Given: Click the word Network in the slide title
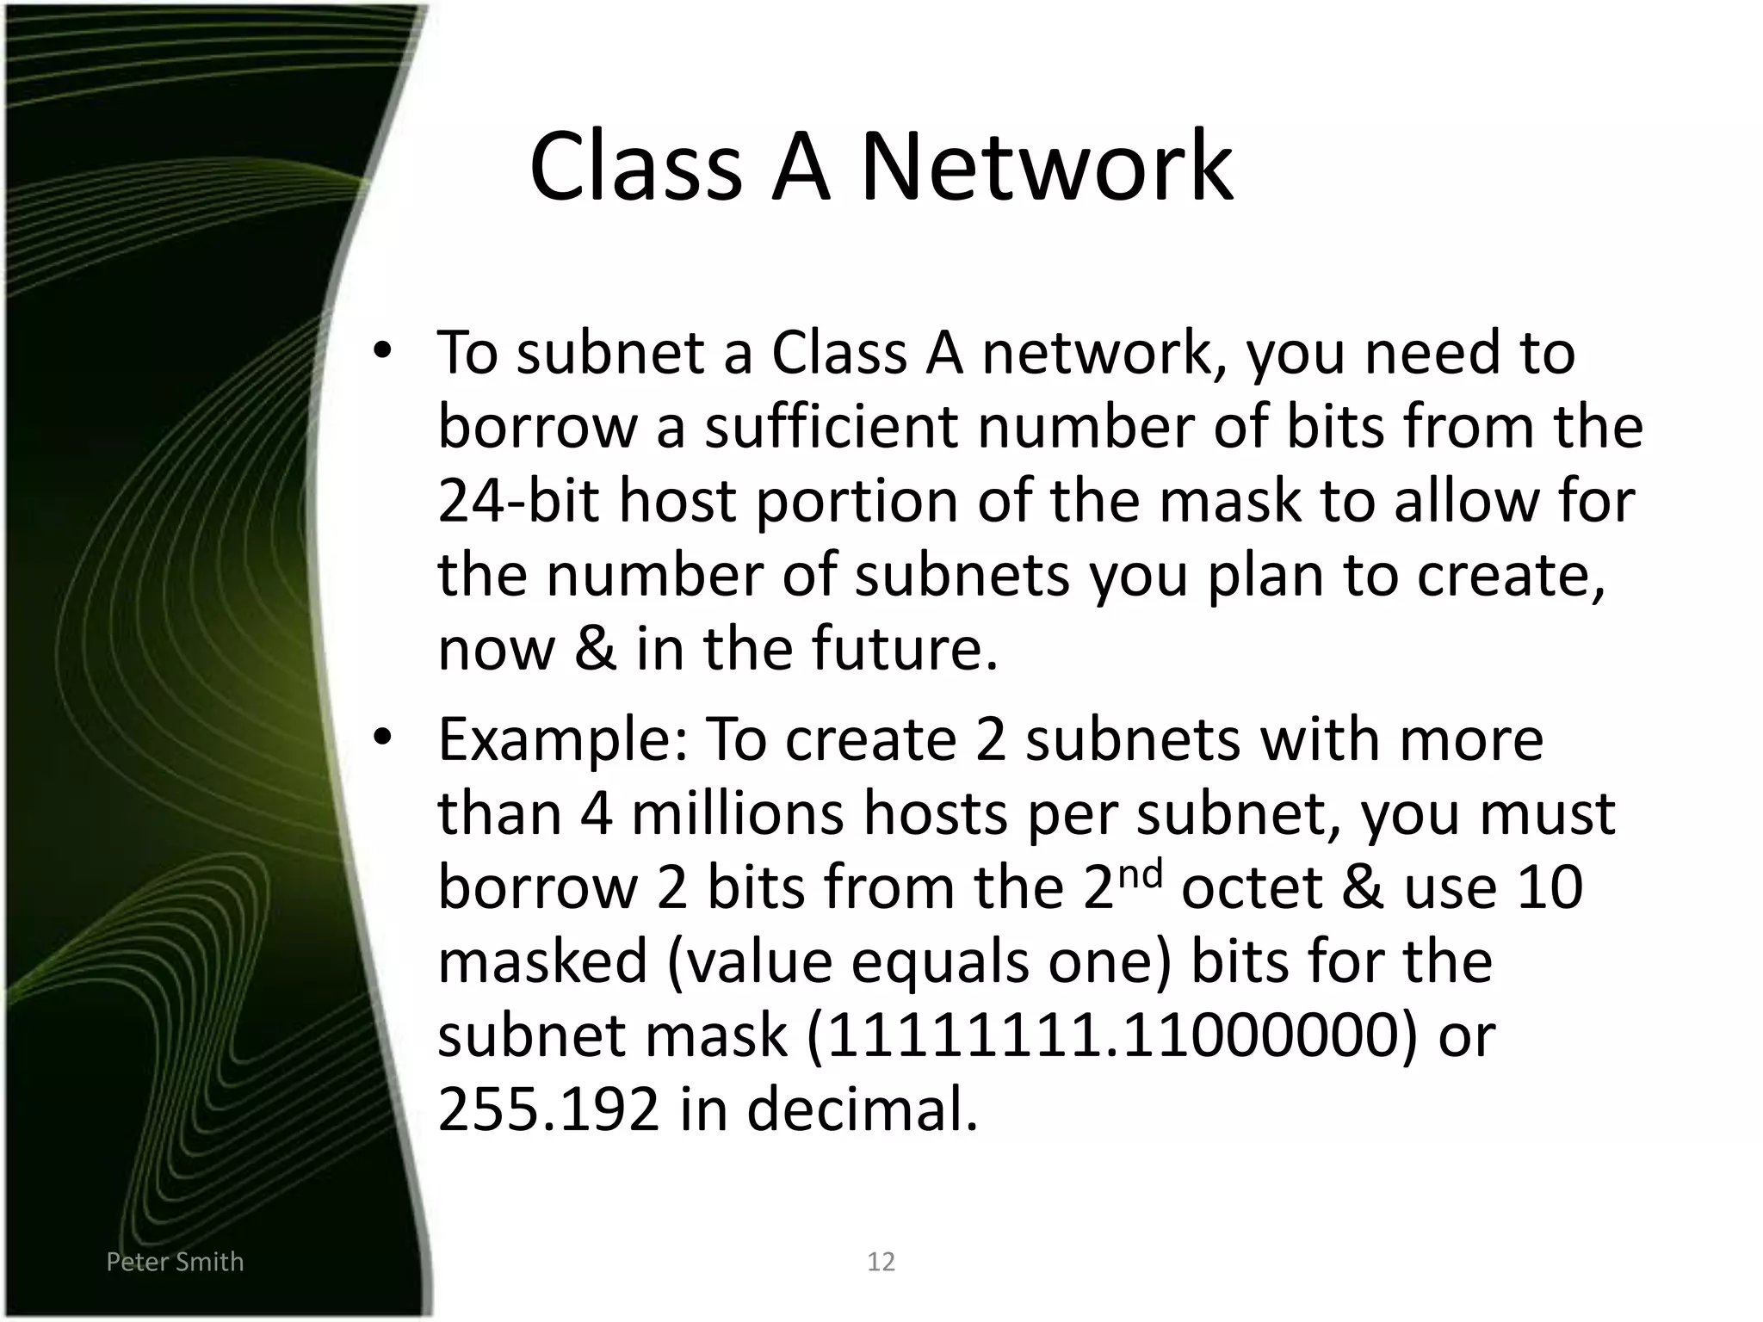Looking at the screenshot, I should pos(1046,167).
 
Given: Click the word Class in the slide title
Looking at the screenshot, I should pos(635,167).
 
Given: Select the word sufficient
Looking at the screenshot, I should pos(831,427).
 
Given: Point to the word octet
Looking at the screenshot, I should pos(1252,888).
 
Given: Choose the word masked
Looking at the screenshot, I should pos(542,962).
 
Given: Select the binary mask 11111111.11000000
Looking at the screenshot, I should pos(1110,1036).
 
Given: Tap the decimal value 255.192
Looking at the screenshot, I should pos(548,1110).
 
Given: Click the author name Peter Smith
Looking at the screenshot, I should pos(175,1262).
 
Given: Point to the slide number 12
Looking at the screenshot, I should pos(881,1262).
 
